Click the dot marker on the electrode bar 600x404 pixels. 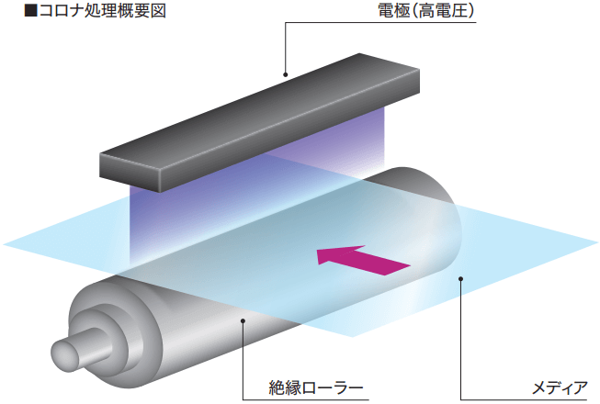(x=286, y=74)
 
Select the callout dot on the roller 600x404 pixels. (x=243, y=320)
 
